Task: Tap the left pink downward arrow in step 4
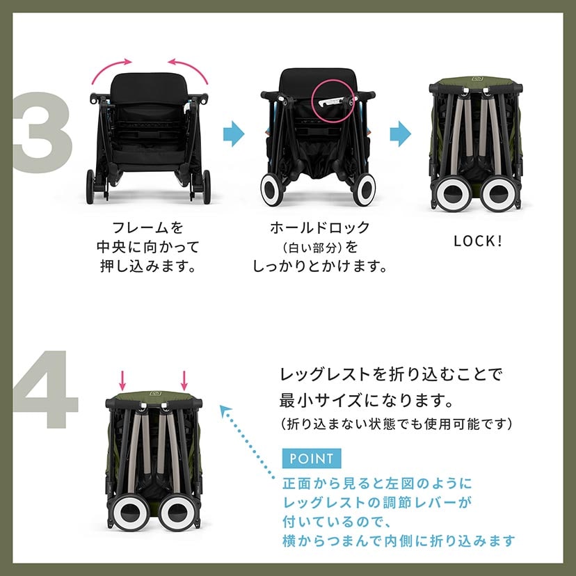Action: [x=122, y=380]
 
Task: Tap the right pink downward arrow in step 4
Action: [x=184, y=380]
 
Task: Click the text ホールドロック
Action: [x=319, y=228]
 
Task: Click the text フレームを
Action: [x=147, y=228]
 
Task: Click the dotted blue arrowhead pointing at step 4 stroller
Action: [x=225, y=411]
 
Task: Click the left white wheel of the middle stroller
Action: [x=272, y=190]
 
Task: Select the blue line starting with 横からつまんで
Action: [x=399, y=540]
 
